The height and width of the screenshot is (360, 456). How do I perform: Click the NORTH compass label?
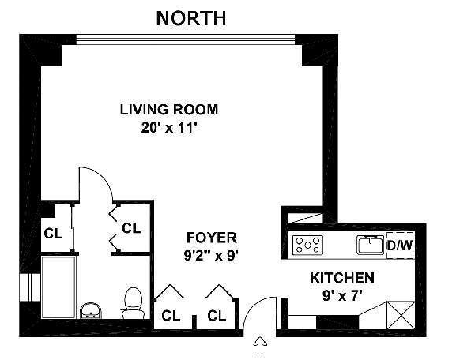coord(191,18)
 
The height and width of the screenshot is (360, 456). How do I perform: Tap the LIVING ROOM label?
coord(169,110)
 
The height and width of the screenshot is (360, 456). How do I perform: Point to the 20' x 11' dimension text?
coord(168,128)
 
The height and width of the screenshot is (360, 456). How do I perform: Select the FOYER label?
coord(212,238)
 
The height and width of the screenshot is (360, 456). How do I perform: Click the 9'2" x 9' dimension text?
coord(212,256)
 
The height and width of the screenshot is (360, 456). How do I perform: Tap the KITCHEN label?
coord(342,278)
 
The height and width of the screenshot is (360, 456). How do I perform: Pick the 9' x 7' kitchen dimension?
coord(342,296)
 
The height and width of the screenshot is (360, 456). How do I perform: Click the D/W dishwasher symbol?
coord(400,246)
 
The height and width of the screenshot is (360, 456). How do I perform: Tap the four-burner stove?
coord(308,245)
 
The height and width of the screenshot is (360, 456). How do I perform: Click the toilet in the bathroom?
coord(133,303)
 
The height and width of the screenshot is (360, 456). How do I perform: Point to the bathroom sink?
coord(90,310)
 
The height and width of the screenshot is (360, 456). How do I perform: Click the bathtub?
coord(58,287)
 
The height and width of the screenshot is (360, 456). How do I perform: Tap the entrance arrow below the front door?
coord(260,345)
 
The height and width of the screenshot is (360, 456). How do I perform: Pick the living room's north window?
coord(186,39)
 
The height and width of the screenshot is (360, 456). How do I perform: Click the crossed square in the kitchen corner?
coord(401,315)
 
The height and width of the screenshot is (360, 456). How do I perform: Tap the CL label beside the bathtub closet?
coord(53,234)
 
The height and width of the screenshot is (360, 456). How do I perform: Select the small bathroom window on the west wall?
coord(30,287)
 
